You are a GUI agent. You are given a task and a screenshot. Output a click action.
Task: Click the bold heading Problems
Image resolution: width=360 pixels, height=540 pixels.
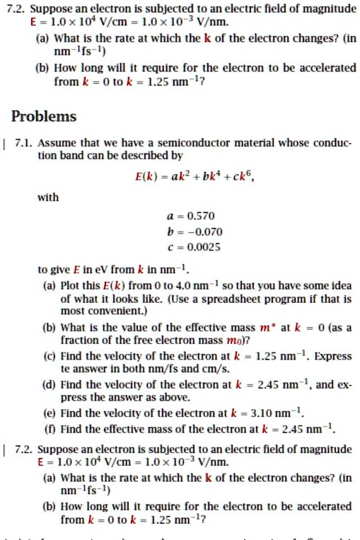(x=45, y=116)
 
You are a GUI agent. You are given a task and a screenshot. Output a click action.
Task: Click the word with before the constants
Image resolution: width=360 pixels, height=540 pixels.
(x=48, y=197)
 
